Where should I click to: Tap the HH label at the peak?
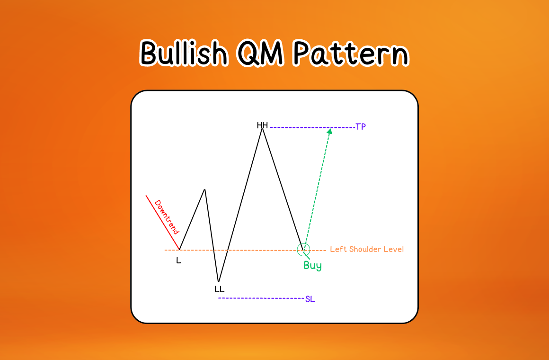pos(262,126)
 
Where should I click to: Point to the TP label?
pos(361,127)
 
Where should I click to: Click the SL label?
pos(310,299)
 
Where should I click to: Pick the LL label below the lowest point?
pos(219,289)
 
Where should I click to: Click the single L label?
pos(178,261)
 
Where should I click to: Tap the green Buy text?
pos(312,266)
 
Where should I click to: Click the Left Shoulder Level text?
pos(367,249)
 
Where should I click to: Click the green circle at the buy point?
pos(303,249)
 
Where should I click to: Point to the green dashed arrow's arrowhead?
pos(329,131)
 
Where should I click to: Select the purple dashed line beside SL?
pos(260,298)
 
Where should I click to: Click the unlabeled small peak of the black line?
pos(204,190)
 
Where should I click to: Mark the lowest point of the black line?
pos(218,281)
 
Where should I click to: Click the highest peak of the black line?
pos(262,129)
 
